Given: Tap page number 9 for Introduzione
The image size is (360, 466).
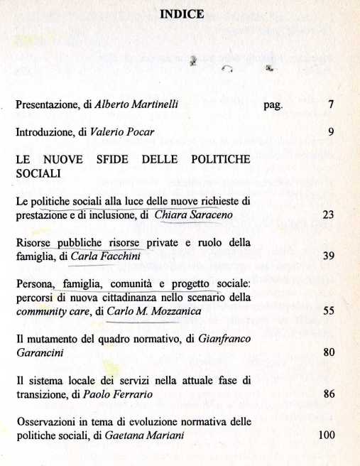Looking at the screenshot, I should coord(331,132).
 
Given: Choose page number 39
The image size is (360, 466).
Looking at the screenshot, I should coord(328,256).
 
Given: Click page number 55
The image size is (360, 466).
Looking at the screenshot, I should coord(328,310).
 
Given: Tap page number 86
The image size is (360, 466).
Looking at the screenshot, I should coord(328,392).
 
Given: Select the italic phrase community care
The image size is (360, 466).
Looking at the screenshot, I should coord(46,310).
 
